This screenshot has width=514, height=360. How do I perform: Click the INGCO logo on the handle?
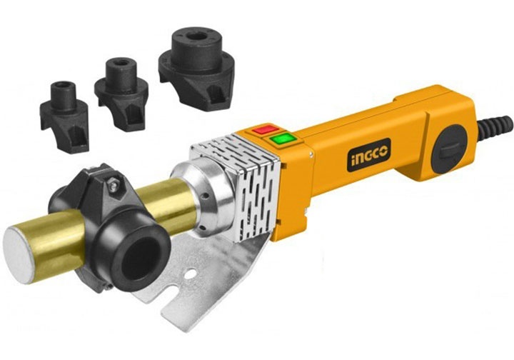click(369, 158)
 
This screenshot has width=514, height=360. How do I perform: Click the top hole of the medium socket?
click(120, 66)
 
